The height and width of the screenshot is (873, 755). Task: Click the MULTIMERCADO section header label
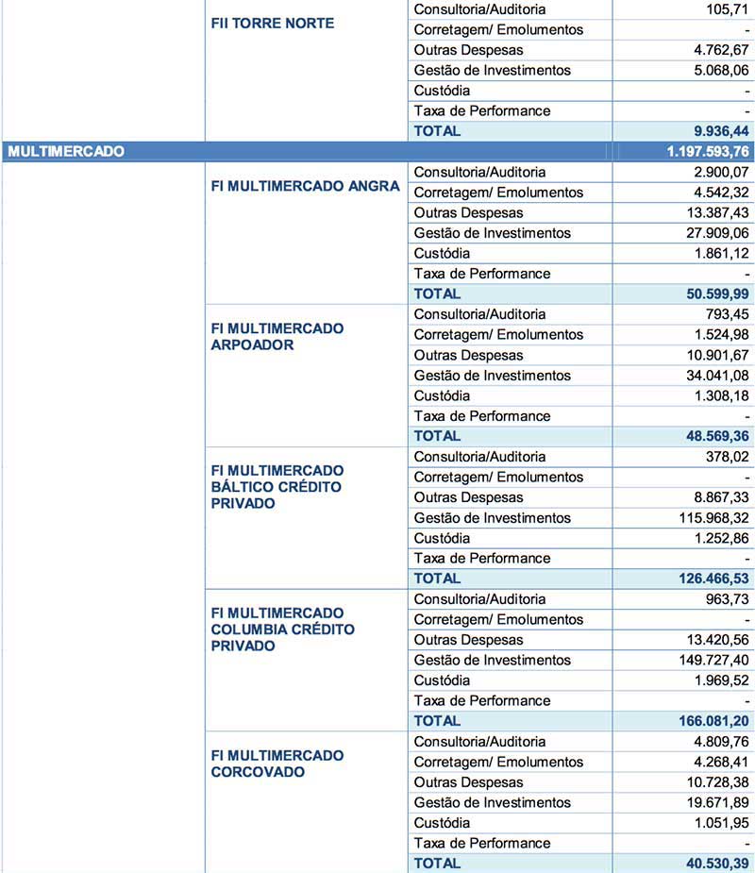66,151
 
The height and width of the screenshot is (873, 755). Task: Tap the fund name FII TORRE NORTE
272,23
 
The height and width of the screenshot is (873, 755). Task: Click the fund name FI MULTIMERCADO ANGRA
305,186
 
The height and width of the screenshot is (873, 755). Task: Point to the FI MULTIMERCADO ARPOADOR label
277,336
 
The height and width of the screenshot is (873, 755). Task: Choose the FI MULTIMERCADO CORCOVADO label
277,764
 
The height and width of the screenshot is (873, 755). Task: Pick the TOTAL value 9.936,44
719,131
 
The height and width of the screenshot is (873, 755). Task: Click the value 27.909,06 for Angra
713,233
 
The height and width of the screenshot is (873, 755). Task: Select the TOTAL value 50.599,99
715,294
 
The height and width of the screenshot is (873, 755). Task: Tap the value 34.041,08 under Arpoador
713,376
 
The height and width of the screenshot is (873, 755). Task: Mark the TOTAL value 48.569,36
715,436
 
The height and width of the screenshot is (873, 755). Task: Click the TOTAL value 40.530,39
715,864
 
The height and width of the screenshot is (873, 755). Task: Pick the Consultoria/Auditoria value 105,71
728,9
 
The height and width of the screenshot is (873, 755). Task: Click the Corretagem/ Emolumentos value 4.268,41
719,763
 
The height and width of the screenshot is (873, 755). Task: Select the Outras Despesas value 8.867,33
719,497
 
